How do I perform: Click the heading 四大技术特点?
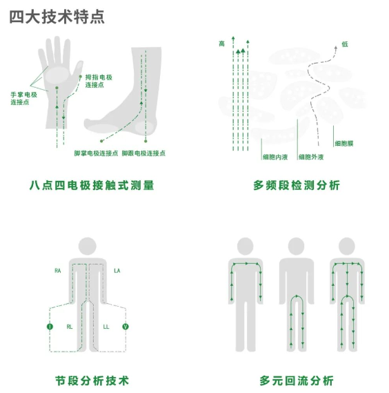click(57, 17)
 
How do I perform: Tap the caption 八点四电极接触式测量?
click(92, 186)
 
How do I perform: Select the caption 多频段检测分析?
click(297, 186)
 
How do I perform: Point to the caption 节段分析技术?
click(92, 381)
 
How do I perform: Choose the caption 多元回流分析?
click(297, 381)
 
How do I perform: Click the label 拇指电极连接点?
click(99, 81)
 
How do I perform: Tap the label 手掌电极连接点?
click(23, 98)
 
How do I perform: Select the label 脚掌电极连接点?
click(96, 153)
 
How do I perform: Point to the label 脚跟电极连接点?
click(143, 153)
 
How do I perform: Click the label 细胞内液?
click(275, 157)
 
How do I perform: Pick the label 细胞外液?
click(311, 157)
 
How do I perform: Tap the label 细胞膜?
click(344, 144)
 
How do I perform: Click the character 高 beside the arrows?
click(222, 44)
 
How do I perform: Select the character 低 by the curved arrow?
click(345, 44)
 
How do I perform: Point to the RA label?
click(57, 271)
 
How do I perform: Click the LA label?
click(117, 271)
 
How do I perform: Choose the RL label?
click(70, 327)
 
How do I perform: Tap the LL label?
click(106, 327)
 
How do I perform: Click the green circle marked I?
click(50, 327)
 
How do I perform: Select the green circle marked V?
click(126, 327)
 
